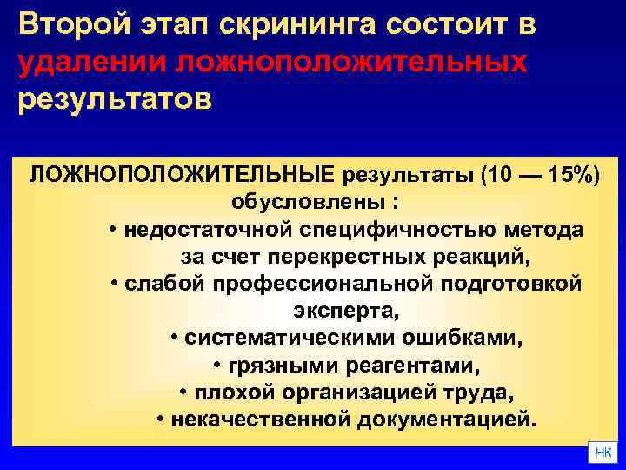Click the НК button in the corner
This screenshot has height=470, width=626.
(x=603, y=453)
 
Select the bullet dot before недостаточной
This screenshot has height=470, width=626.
(x=115, y=232)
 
